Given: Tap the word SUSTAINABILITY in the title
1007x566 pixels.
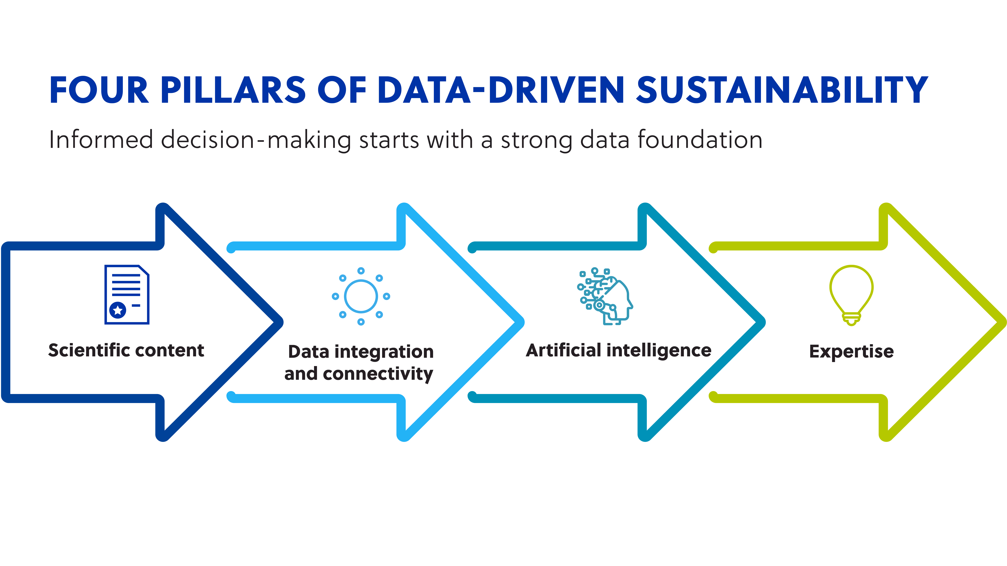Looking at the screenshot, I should (x=782, y=90).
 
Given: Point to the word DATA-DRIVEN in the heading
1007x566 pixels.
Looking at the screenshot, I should (x=500, y=90).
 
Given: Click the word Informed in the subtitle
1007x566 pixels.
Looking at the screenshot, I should (x=101, y=140).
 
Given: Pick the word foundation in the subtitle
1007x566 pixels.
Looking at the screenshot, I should (x=700, y=140).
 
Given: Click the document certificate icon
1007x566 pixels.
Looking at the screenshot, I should (x=127, y=295).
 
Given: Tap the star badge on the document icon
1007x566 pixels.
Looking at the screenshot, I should (x=118, y=310).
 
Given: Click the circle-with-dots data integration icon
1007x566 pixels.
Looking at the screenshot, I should (x=361, y=296).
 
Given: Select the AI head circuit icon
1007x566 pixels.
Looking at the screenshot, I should (x=605, y=296).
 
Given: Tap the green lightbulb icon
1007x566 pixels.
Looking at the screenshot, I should (x=851, y=295).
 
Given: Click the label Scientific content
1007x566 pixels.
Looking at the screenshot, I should (x=126, y=350).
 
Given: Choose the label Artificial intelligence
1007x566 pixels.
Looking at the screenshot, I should (x=618, y=350).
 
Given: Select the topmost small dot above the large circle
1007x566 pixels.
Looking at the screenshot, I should (x=361, y=271).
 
